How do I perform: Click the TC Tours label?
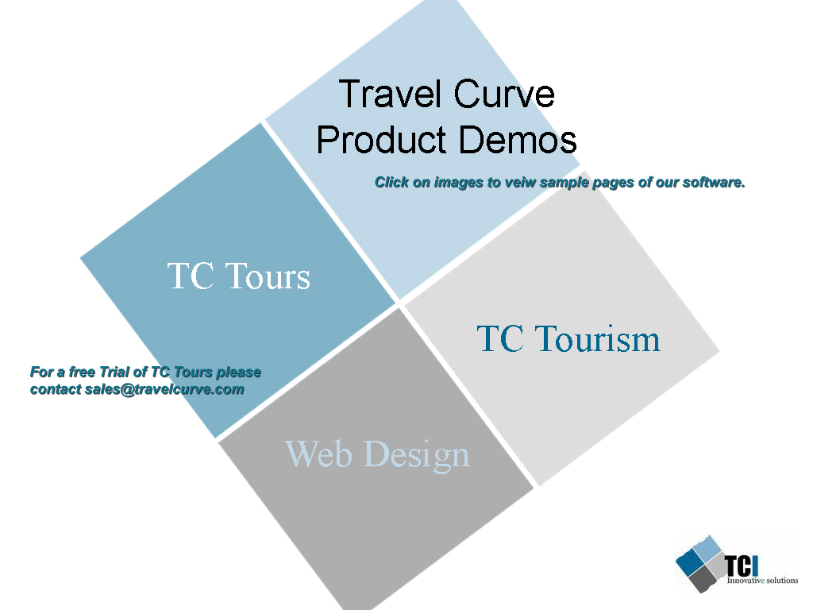[x=238, y=276]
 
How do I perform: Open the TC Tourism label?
[x=568, y=338]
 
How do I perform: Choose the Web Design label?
[x=377, y=454]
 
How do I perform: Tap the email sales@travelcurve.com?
[x=164, y=389]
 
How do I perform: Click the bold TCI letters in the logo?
[x=741, y=566]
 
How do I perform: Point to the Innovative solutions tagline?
[x=762, y=581]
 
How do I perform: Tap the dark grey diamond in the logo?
[x=703, y=579]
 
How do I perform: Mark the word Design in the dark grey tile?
[x=417, y=455]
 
